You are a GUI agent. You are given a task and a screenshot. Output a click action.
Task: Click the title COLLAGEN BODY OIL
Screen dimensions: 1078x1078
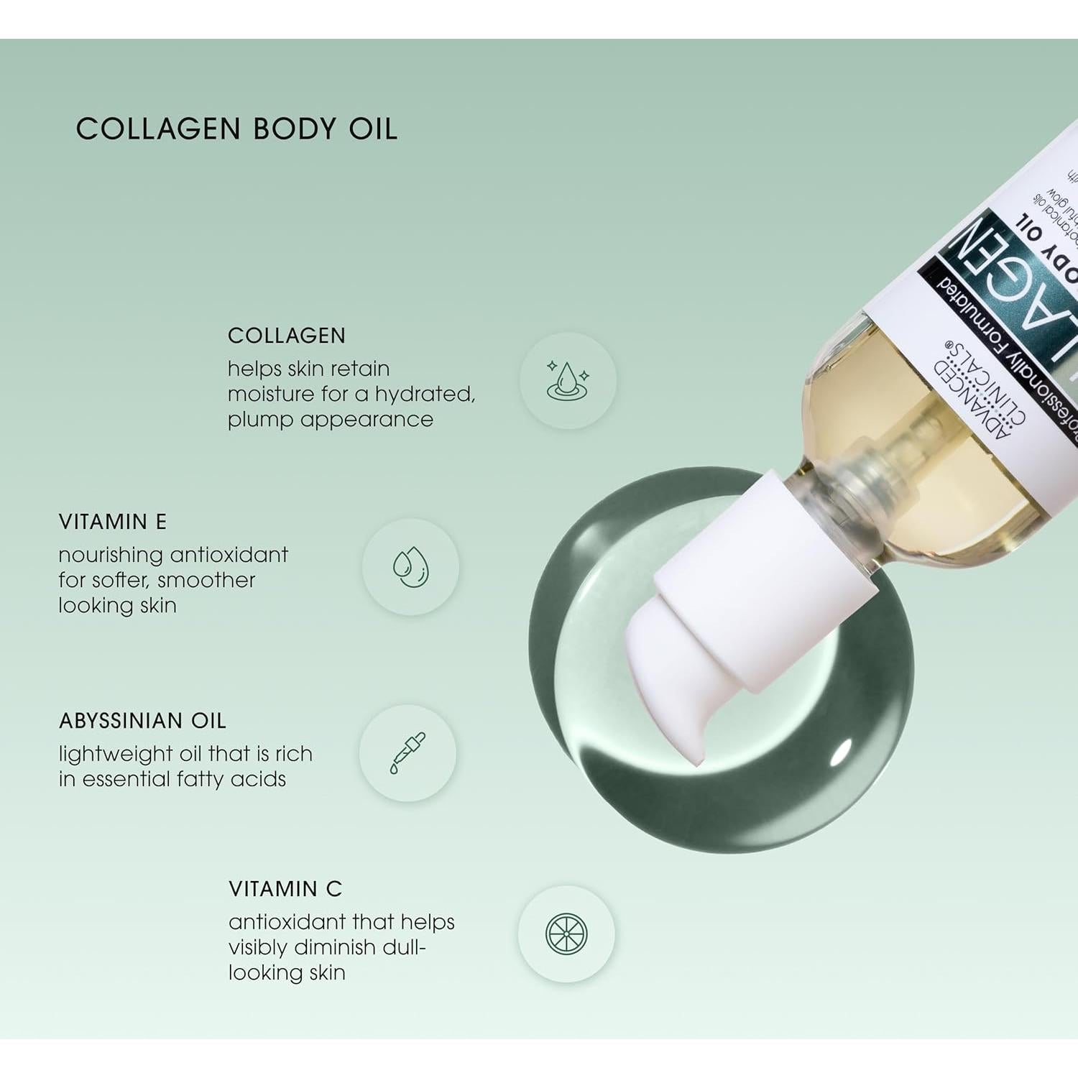tap(236, 129)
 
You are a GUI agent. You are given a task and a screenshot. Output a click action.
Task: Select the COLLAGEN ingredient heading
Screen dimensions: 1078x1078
tap(287, 336)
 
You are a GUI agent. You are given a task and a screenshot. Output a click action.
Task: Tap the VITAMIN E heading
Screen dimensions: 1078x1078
tap(113, 522)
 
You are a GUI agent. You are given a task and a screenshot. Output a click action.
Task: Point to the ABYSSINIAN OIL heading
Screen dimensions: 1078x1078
tap(142, 721)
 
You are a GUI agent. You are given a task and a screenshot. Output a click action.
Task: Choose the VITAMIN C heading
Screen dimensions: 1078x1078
tap(285, 889)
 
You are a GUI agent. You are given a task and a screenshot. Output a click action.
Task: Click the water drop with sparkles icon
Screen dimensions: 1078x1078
tap(568, 381)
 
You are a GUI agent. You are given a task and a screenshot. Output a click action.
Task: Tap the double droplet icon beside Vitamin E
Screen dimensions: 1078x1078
tap(410, 567)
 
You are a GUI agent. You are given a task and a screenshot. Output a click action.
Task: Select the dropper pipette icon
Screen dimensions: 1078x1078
tap(407, 753)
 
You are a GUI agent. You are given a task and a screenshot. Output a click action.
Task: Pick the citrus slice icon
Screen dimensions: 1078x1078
tap(566, 934)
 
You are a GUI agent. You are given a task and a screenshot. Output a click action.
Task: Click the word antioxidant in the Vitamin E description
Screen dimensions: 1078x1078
tap(229, 555)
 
